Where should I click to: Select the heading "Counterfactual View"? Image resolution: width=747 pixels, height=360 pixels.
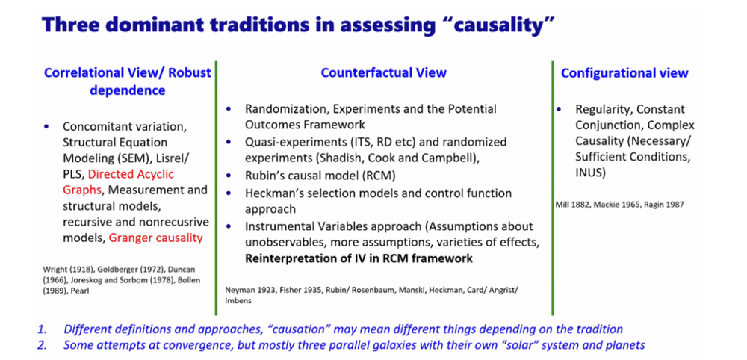pyautogui.click(x=383, y=72)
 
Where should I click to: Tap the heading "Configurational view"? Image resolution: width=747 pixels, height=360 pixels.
pyautogui.click(x=624, y=73)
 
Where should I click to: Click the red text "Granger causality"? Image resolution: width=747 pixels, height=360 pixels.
pyautogui.click(x=156, y=238)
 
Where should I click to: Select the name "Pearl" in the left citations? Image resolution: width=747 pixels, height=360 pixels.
pyautogui.click(x=79, y=290)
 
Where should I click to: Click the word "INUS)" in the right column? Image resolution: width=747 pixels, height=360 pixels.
pyautogui.click(x=590, y=173)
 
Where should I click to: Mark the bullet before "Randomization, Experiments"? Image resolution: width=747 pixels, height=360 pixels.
pyautogui.click(x=229, y=109)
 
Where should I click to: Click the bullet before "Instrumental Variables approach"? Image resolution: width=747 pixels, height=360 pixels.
pyautogui.click(x=229, y=226)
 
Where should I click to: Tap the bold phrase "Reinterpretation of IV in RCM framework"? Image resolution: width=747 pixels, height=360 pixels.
pyautogui.click(x=359, y=258)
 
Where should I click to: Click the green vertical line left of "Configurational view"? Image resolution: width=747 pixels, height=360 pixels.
pyautogui.click(x=553, y=188)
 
